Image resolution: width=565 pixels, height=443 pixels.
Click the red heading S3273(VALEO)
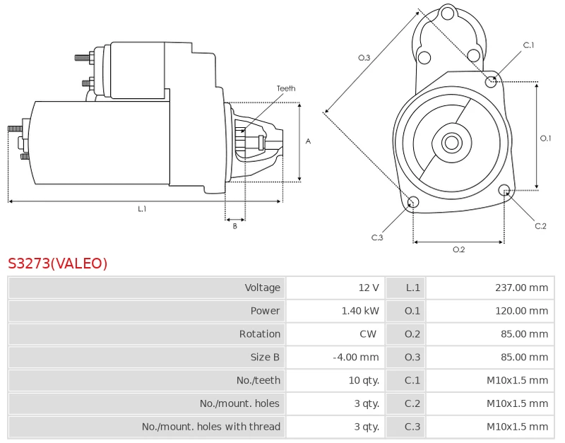point(57,264)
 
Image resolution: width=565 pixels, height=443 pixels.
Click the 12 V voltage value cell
point(369,288)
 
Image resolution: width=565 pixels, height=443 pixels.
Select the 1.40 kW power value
point(360,311)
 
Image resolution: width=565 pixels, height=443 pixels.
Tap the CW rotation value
point(368,334)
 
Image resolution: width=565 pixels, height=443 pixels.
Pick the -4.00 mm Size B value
point(356,358)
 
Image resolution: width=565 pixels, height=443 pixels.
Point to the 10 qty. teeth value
point(364,381)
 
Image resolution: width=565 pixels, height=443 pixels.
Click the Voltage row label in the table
point(262,288)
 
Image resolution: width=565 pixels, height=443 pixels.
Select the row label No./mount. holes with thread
point(210,427)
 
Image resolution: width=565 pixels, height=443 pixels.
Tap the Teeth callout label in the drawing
point(286,88)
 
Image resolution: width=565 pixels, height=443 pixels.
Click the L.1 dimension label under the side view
point(142,209)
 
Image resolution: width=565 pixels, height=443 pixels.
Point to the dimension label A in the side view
point(308,141)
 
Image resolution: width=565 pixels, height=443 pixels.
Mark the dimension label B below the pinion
point(235,226)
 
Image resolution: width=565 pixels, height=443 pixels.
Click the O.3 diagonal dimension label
point(364,58)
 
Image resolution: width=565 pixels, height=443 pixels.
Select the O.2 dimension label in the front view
point(458,249)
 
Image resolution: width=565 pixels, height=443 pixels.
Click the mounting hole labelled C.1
point(491,81)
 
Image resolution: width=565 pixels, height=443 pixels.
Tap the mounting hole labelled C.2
point(504,190)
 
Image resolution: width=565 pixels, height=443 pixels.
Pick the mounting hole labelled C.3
point(414,203)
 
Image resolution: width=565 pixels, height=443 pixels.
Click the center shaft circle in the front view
point(451,143)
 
